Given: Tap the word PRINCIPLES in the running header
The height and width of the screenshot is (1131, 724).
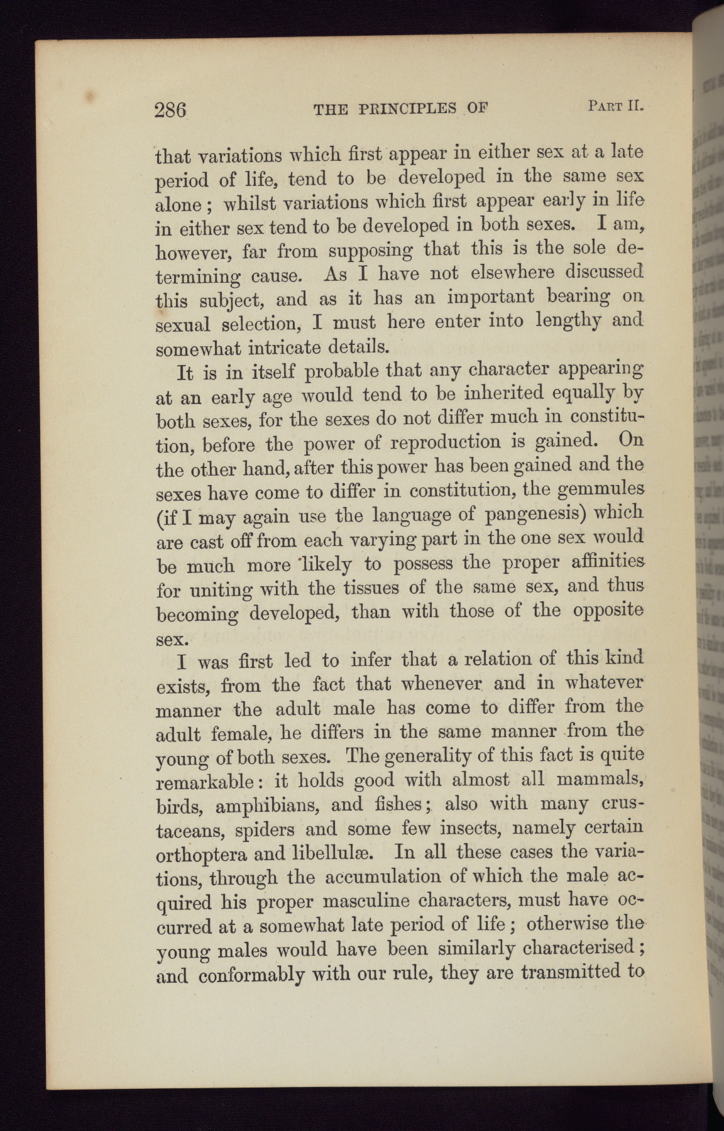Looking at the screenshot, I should (x=403, y=109).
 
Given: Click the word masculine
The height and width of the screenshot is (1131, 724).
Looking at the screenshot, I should (x=370, y=902).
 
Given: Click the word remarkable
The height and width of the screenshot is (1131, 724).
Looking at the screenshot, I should (x=205, y=782).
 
